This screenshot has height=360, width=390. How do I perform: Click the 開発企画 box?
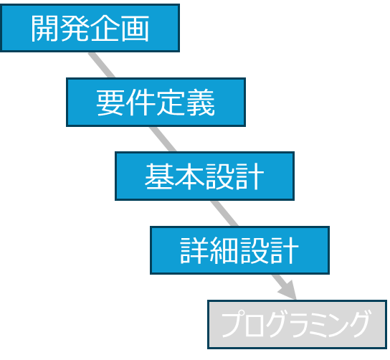tap(90, 28)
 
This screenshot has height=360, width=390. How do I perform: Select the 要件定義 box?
tap(156, 102)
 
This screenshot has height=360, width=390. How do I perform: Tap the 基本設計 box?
tap(204, 176)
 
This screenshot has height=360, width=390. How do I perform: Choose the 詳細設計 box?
tap(239, 250)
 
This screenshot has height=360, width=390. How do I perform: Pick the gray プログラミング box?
tap(297, 324)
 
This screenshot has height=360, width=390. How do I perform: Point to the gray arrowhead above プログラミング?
tap(288, 290)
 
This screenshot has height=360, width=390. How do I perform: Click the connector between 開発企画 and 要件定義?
tap(102, 65)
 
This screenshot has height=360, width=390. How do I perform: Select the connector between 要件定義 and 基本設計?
tap(163, 139)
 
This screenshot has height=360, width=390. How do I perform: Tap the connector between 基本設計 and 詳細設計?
tap(224, 213)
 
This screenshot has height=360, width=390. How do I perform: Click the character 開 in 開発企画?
tap(44, 28)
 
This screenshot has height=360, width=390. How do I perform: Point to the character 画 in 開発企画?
tap(135, 28)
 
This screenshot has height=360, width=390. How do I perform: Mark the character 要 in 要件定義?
tap(110, 103)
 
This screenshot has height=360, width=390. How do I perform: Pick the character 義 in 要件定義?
tap(201, 103)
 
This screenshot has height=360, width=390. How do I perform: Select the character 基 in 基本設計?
tap(158, 176)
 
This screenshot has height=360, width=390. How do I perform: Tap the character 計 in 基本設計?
tap(249, 176)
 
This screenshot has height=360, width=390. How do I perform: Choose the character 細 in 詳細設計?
tap(224, 250)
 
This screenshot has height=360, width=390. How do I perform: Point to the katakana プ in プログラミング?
tap(232, 323)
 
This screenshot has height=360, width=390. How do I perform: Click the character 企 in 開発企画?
tap(105, 28)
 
